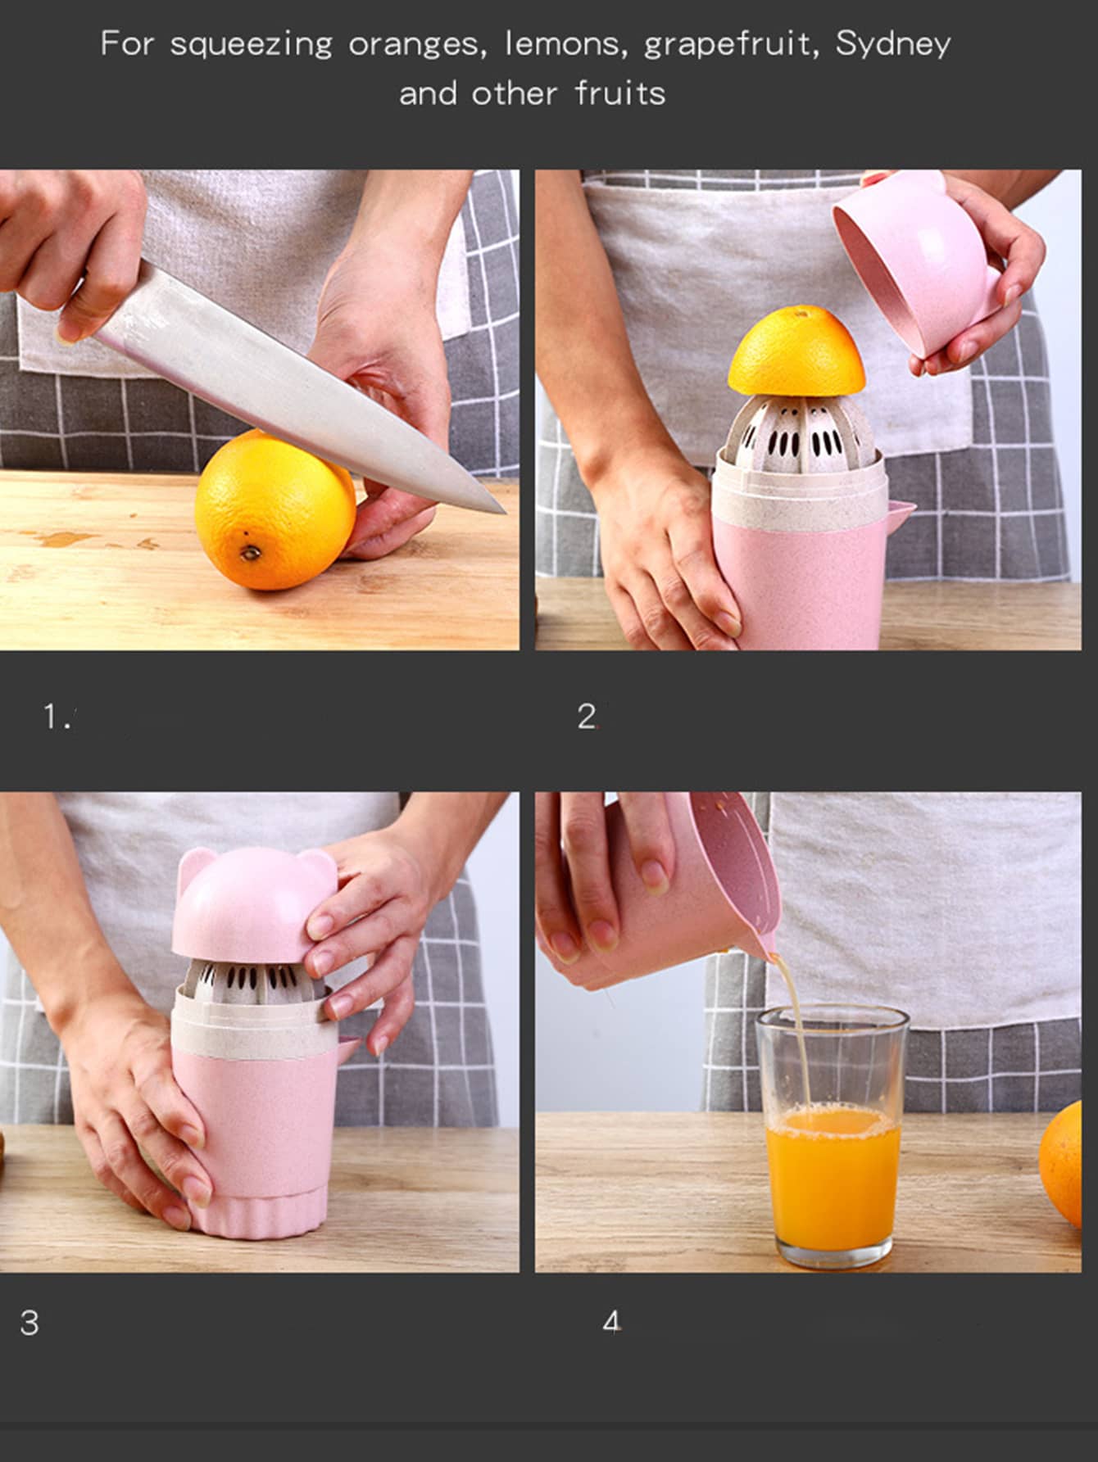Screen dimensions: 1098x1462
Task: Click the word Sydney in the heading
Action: [893, 44]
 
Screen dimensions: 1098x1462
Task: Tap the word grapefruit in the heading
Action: [731, 44]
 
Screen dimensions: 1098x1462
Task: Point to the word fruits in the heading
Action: [619, 93]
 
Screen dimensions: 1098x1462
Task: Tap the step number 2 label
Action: [587, 717]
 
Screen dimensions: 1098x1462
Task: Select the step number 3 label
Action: [29, 1323]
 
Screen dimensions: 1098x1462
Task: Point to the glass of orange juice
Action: [832, 1138]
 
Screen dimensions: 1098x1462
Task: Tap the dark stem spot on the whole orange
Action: [251, 554]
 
